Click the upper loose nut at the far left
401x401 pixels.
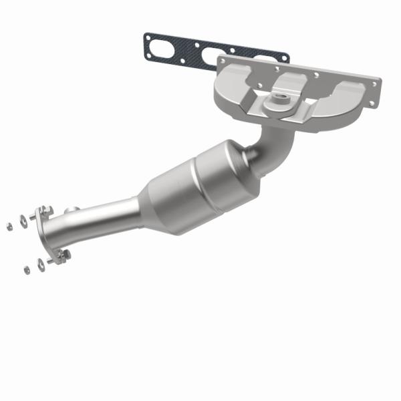[10, 226]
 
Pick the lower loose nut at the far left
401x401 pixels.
[27, 270]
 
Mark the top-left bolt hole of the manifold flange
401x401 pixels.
[223, 61]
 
